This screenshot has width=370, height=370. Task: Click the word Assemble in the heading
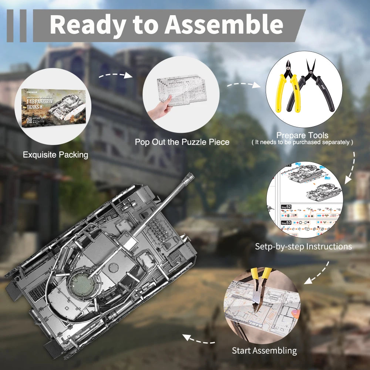224,25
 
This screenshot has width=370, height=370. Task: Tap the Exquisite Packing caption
55,155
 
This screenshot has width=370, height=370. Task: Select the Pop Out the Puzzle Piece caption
182,142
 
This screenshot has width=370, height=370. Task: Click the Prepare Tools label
302,135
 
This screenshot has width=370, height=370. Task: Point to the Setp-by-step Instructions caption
303,246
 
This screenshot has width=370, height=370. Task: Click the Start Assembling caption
264,350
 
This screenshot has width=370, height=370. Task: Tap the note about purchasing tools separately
302,142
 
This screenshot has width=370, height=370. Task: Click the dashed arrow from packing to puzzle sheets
115,75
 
